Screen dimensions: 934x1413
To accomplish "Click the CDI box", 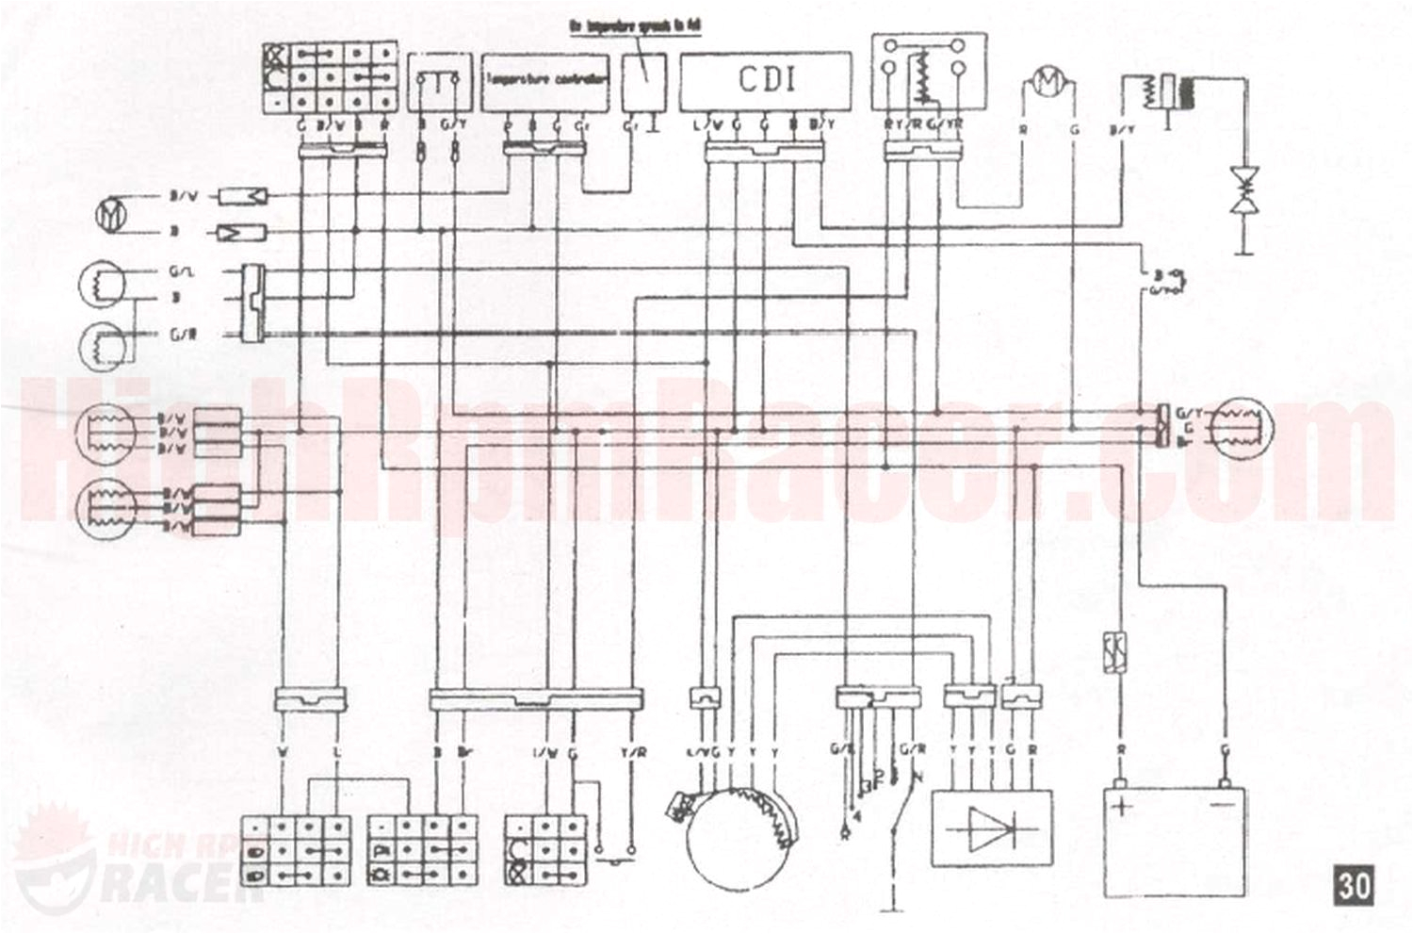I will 765,81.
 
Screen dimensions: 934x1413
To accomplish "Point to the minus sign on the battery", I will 1224,807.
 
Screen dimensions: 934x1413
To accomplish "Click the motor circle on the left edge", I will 110,214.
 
